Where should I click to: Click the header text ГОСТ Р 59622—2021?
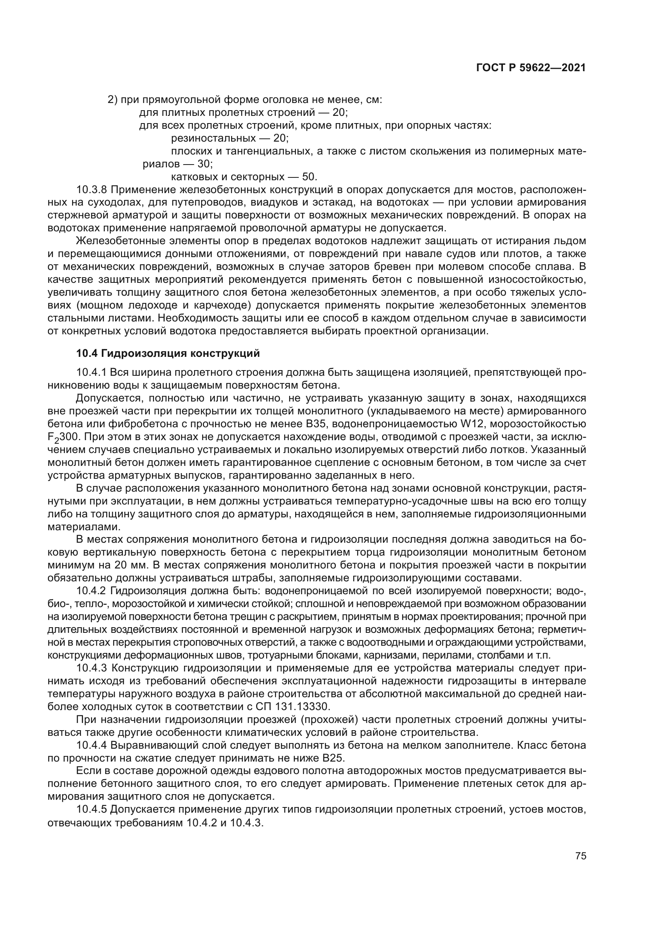[x=531, y=68]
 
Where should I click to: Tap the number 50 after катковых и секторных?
[x=308, y=177]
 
